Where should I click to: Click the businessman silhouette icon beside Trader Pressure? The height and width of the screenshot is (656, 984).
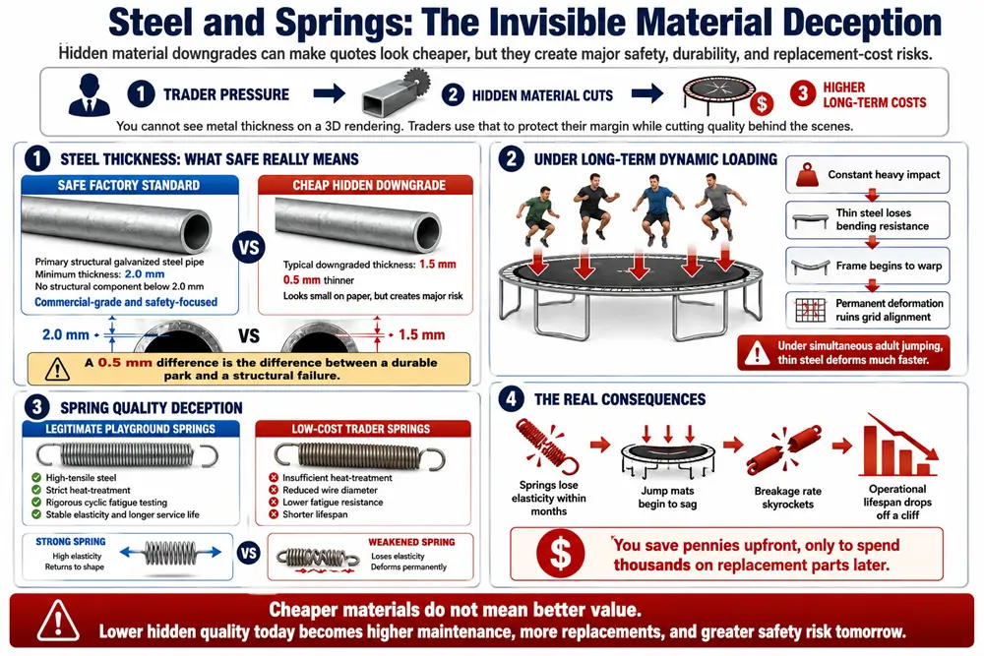tap(90, 94)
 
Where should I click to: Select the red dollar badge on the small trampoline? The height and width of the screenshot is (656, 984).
tap(762, 103)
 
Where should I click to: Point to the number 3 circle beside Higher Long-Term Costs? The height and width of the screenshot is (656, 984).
tap(802, 94)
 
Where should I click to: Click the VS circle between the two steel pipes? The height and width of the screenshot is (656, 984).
tap(249, 247)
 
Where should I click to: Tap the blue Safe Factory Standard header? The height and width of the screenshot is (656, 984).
tap(129, 185)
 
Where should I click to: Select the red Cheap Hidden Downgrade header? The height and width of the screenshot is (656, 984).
tap(365, 185)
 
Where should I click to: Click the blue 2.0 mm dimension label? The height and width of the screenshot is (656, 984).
tap(65, 335)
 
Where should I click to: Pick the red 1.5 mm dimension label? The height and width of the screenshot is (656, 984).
tap(422, 335)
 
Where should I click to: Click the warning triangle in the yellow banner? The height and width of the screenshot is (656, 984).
tap(57, 369)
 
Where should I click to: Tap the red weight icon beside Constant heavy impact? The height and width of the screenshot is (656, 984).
tap(807, 175)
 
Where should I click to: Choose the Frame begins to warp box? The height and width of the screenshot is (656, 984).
tap(867, 266)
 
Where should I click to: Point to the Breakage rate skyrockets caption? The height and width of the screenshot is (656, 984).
tap(787, 498)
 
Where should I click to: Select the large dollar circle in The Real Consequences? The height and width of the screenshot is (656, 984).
tap(560, 554)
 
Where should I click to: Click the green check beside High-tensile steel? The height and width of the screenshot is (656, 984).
tap(36, 478)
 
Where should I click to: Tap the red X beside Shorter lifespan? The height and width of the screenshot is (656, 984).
tap(274, 514)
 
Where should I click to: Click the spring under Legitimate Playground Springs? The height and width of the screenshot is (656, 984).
tap(127, 455)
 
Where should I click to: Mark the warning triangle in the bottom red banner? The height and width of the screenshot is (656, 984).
tap(58, 621)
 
